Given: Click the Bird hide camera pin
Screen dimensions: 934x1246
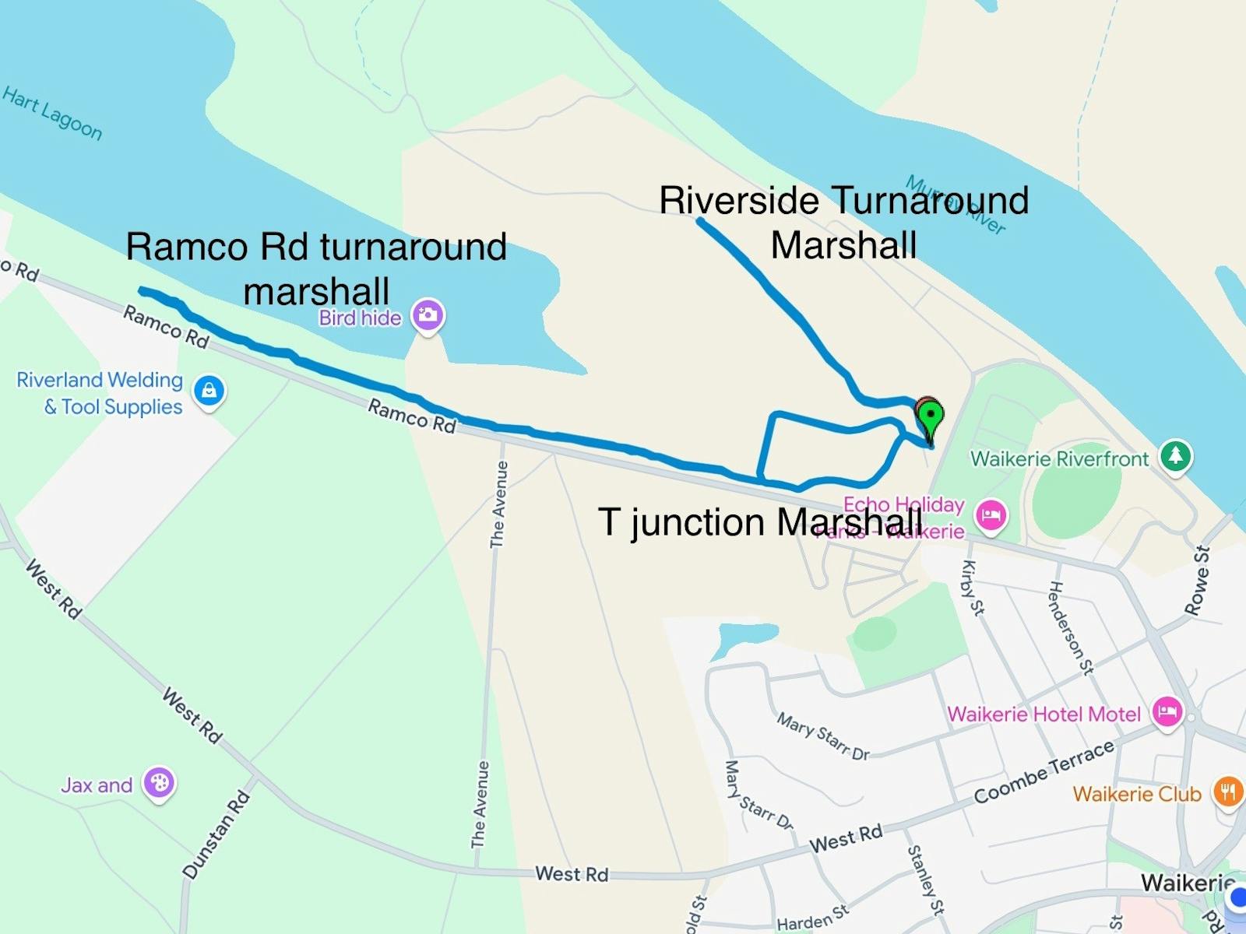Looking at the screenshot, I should pos(428,315).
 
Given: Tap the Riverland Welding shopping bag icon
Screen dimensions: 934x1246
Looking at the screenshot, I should pos(209,391).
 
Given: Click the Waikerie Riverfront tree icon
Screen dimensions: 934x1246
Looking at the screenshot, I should pos(1175,455).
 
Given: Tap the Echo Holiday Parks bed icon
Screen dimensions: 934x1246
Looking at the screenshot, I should pos(991,515).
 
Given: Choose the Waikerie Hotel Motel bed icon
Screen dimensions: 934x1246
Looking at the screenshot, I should pos(1167,711).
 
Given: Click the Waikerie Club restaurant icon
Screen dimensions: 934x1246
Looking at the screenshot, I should pos(1228,792).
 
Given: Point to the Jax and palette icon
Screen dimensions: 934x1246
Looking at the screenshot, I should pos(160,783).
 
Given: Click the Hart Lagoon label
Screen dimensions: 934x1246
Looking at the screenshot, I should pos(52,114).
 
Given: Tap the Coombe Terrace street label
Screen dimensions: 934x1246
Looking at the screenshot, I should pos(1044,772).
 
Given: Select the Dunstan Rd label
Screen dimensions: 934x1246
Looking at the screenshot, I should pos(216,834).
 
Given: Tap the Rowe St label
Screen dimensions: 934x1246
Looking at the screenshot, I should pos(1198,581).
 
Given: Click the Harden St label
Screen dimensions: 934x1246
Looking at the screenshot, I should pos(812,918).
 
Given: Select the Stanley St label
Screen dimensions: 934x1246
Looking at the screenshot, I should pos(926,880).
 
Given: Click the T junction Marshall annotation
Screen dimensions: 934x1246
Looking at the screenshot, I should pos(759,521).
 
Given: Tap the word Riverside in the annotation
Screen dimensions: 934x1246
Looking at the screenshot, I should pos(738,201).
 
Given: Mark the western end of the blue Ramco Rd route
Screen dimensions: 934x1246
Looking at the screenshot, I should pos(142,290).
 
